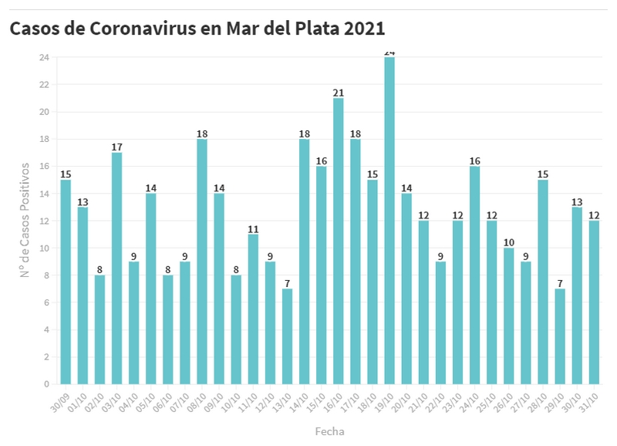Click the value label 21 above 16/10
click(339, 93)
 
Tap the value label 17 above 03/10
click(116, 147)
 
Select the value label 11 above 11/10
click(253, 228)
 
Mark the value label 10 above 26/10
click(508, 242)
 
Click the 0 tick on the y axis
click(46, 384)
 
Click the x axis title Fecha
click(329, 431)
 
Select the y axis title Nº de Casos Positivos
click(25, 221)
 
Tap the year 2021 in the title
click(364, 29)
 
